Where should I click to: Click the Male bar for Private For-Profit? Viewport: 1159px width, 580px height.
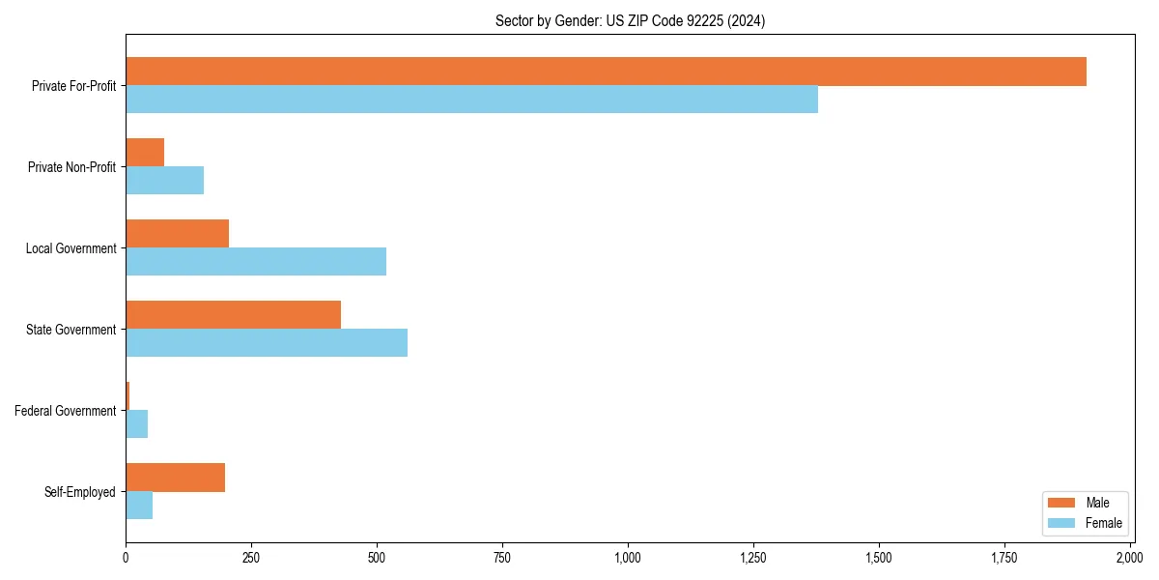[x=606, y=72]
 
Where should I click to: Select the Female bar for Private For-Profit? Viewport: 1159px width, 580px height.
[x=471, y=100]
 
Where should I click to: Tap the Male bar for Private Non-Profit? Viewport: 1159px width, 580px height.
[x=145, y=153]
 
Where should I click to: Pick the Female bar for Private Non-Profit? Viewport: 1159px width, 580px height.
[x=164, y=181]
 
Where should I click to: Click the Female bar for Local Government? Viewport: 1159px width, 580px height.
[x=256, y=262]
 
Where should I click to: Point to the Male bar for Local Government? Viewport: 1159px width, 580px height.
[x=177, y=234]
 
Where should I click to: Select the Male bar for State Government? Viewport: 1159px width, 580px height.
[x=233, y=315]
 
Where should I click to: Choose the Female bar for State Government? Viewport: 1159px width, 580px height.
[x=267, y=343]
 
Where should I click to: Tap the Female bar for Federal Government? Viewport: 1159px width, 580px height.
[x=136, y=424]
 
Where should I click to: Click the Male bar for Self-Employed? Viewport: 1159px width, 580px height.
[x=175, y=478]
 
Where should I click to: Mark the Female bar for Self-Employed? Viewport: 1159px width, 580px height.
[x=139, y=506]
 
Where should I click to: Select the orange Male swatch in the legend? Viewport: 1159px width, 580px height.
[x=1060, y=503]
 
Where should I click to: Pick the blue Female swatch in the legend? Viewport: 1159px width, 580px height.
[x=1060, y=523]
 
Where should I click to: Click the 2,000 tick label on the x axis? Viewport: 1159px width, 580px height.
[x=1129, y=558]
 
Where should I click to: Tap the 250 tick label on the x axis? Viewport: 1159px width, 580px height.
[x=251, y=558]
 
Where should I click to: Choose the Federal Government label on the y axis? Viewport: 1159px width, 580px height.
[x=66, y=411]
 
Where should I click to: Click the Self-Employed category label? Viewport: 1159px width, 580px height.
[x=80, y=492]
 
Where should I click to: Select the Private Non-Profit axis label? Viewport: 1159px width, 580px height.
[x=71, y=167]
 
